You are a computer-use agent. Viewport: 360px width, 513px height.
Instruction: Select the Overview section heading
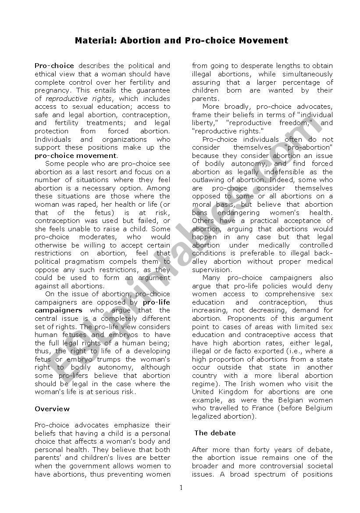pyautogui.click(x=52, y=409)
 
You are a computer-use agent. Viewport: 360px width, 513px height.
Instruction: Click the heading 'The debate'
pyautogui.click(x=215, y=433)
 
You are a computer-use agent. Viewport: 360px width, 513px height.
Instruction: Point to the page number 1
pyautogui.click(x=180, y=488)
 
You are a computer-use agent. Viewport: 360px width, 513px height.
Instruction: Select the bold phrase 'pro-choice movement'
pyautogui.click(x=75, y=156)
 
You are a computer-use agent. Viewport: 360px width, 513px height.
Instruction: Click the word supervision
pyautogui.click(x=212, y=269)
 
